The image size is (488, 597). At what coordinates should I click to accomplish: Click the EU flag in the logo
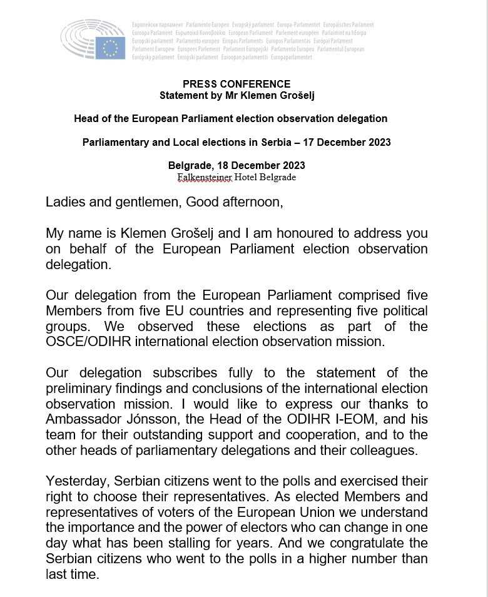(111, 48)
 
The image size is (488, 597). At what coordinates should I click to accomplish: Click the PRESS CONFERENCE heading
(236, 84)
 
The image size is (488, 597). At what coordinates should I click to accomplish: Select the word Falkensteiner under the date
(205, 177)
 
